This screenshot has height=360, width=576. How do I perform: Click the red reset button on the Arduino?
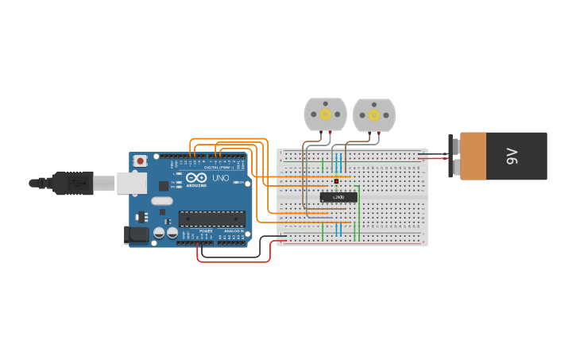tap(141, 161)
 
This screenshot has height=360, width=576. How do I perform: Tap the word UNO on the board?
tap(220, 178)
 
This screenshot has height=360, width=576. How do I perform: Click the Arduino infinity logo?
tap(196, 178)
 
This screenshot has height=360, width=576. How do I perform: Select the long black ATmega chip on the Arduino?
tap(211, 219)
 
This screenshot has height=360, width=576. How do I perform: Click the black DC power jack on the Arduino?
tap(136, 234)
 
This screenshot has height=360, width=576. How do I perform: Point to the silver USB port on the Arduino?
tap(132, 183)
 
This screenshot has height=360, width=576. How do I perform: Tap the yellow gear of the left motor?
tap(326, 114)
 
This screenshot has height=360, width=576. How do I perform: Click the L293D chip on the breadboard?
tap(338, 197)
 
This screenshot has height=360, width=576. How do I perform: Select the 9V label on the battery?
tap(512, 157)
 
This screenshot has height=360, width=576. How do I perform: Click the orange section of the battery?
tap(473, 156)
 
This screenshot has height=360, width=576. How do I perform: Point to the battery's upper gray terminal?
tap(454, 144)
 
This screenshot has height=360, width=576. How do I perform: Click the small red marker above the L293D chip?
tap(336, 181)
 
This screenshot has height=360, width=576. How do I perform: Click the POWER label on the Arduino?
tap(206, 231)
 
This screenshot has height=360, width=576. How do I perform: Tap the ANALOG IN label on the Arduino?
tap(234, 231)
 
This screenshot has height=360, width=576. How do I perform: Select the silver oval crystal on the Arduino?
tap(161, 201)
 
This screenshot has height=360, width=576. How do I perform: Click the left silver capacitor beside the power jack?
tap(160, 233)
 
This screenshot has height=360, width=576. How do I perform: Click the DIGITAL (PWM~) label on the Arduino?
tap(217, 168)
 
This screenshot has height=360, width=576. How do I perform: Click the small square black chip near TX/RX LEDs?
tap(164, 186)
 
